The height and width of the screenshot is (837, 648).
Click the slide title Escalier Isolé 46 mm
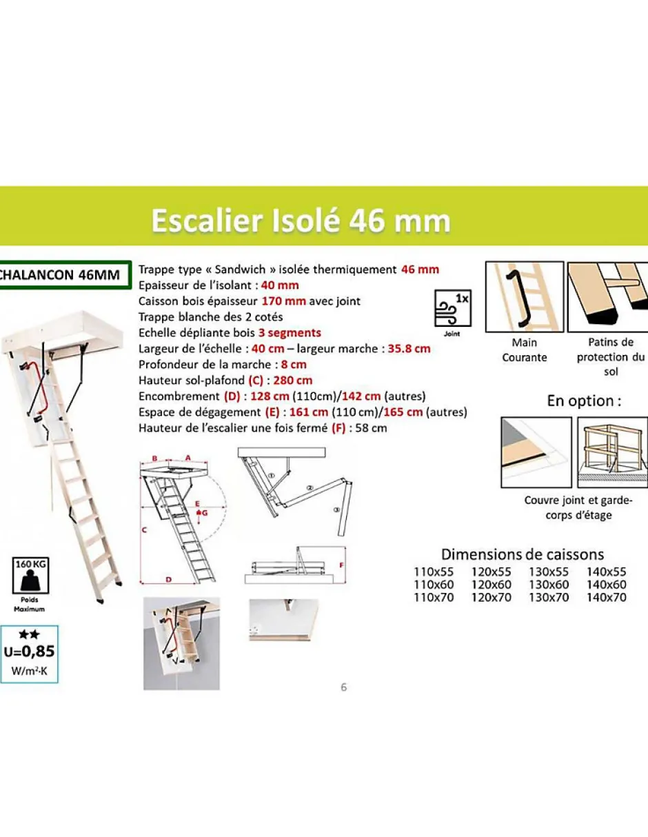pos(301,221)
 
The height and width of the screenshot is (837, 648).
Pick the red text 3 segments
pos(285,332)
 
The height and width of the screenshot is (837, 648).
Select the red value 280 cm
pos(293,380)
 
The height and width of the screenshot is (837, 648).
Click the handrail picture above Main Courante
pos(525,296)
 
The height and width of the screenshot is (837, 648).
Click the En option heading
pos(584,401)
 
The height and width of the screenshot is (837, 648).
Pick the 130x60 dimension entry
pos(549,585)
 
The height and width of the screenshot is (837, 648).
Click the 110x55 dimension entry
pos(434,572)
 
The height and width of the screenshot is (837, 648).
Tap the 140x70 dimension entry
pos(606,598)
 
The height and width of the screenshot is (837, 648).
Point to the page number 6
pos(344,687)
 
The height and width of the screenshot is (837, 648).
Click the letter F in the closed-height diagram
pos(341,565)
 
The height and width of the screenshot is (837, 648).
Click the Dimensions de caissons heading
pos(522,554)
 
